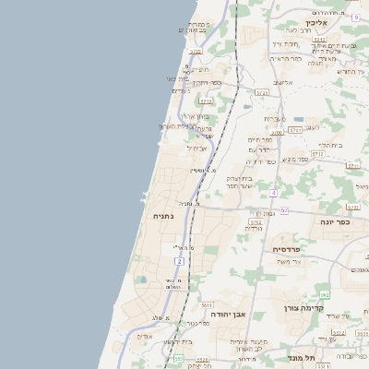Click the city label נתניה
[x=163, y=215]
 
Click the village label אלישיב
[x=283, y=82]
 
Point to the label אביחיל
[x=197, y=147]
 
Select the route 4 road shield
[x=274, y=192]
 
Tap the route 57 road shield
[x=284, y=210]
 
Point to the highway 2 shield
[x=181, y=261]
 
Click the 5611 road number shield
[x=207, y=304]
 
